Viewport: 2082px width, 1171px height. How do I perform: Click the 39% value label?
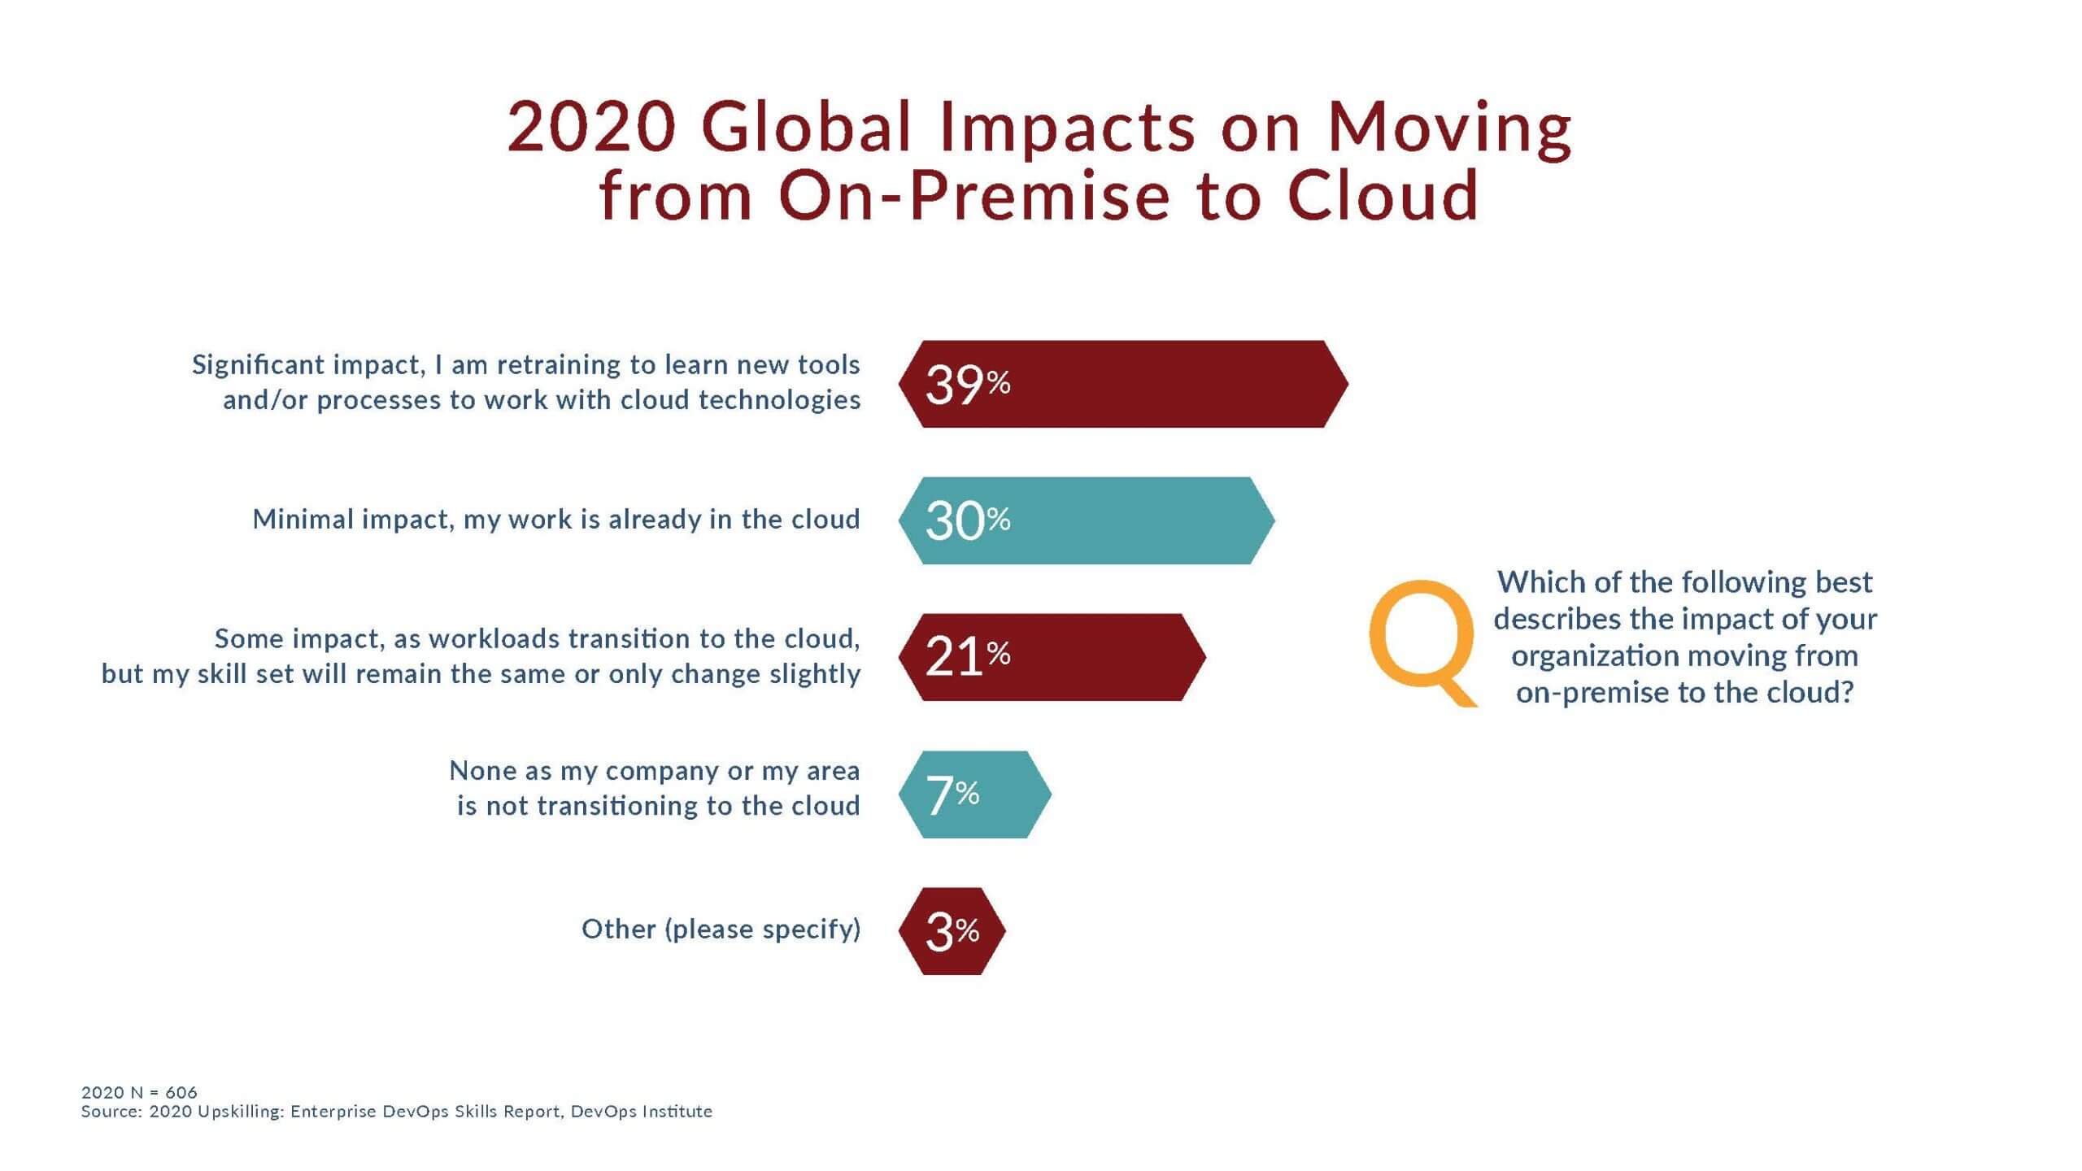click(968, 384)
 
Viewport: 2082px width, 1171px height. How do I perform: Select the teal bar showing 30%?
click(1087, 520)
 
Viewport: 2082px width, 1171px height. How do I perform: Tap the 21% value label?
click(968, 656)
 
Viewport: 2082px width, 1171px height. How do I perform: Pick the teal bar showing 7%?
click(974, 794)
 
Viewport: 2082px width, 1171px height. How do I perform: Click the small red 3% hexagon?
click(952, 931)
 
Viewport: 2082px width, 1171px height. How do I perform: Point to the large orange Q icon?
click(1423, 643)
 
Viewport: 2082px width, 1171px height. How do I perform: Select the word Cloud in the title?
click(1383, 196)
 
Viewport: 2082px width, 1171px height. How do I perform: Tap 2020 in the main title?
click(592, 128)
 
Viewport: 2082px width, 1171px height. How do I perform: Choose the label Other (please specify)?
click(721, 929)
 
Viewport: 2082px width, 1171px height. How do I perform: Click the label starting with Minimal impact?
click(556, 519)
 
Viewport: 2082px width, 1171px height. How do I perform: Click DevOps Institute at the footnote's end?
click(642, 1112)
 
